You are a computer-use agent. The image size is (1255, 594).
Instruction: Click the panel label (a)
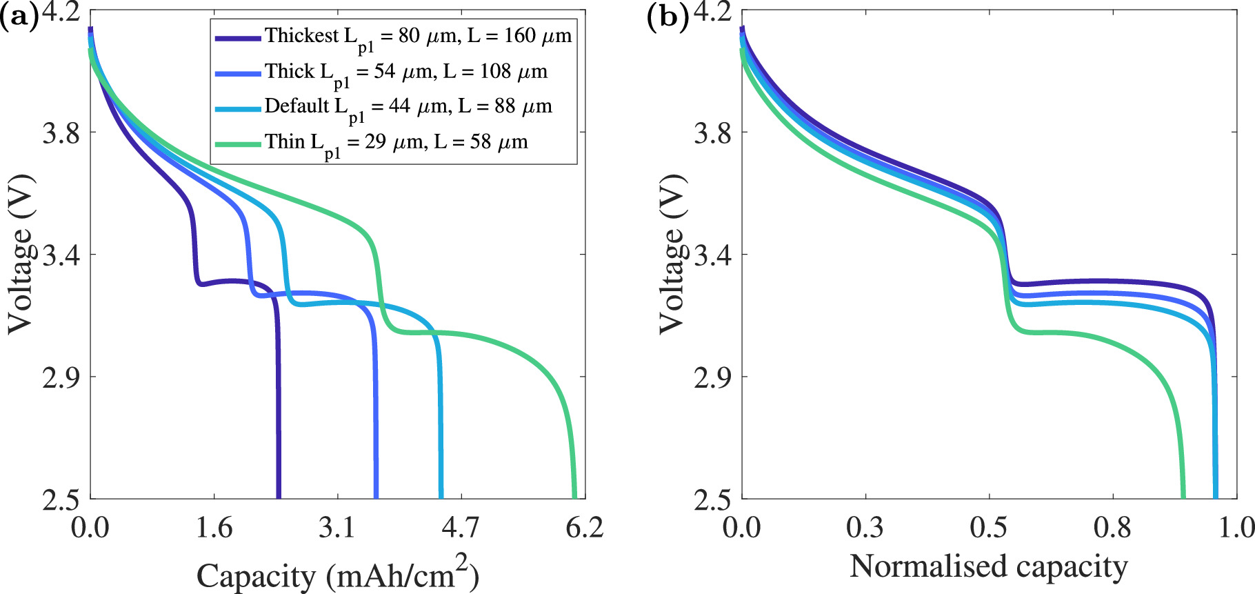pyautogui.click(x=19, y=17)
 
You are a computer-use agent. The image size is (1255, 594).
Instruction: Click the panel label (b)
pyautogui.click(x=667, y=17)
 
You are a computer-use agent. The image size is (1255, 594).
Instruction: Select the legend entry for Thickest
pyautogui.click(x=418, y=37)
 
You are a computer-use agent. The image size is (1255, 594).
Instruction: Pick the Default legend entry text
pyautogui.click(x=408, y=108)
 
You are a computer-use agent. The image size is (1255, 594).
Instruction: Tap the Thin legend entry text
pyautogui.click(x=396, y=143)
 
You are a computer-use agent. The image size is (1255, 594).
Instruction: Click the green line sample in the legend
pyautogui.click(x=237, y=143)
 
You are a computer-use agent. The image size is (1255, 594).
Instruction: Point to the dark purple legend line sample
pyautogui.click(x=237, y=38)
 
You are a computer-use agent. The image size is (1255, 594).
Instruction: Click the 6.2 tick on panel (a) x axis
pyautogui.click(x=584, y=528)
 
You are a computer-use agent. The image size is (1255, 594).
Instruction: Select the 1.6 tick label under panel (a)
pyautogui.click(x=214, y=528)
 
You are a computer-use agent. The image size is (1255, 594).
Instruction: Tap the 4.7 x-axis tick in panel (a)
pyautogui.click(x=460, y=528)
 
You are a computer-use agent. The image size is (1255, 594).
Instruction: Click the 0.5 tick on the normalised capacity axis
pyautogui.click(x=988, y=528)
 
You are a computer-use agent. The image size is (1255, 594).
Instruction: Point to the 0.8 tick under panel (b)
pyautogui.click(x=1112, y=528)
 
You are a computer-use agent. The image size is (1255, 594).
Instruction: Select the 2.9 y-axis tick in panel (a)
pyautogui.click(x=61, y=377)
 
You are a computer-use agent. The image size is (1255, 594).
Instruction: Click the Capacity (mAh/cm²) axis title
pyautogui.click(x=337, y=574)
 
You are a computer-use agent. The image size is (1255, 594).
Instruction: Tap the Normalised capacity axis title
pyautogui.click(x=988, y=566)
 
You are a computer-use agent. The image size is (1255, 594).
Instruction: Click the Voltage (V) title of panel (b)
pyautogui.click(x=672, y=255)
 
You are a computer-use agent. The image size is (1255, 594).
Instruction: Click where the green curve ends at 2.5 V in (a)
pyautogui.click(x=574, y=495)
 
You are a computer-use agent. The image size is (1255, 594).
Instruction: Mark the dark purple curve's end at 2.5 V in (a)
pyautogui.click(x=279, y=495)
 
